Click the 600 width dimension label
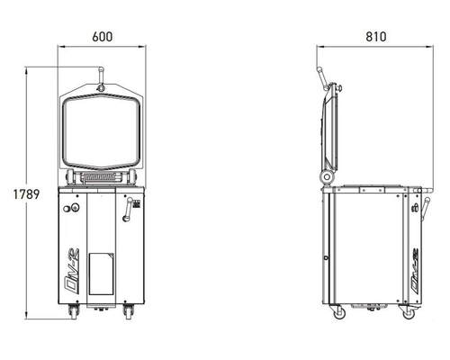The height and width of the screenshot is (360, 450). [103, 37]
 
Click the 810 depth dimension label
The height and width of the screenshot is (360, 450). [376, 37]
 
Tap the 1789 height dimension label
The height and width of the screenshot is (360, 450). [26, 194]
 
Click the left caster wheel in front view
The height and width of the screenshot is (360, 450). [74, 311]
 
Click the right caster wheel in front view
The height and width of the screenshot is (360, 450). [129, 311]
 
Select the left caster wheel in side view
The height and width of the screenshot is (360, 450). [339, 312]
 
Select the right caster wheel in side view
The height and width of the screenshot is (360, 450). [409, 312]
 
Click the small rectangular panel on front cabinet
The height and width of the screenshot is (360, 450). [102, 274]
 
